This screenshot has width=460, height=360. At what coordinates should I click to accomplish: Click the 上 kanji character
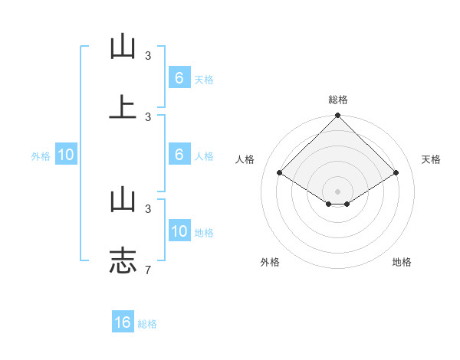point(123,107)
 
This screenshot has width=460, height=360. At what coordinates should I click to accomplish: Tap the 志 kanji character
point(123,259)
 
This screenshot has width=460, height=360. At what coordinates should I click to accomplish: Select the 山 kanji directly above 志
point(123,199)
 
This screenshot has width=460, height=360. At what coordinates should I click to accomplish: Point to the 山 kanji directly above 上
point(123,47)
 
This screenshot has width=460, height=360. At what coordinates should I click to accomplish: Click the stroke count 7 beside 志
point(148,270)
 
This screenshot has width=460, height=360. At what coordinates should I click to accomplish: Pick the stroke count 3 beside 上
point(148,117)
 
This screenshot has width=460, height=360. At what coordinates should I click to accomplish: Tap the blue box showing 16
point(123,322)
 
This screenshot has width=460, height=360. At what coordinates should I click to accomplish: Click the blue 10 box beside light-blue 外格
point(66,155)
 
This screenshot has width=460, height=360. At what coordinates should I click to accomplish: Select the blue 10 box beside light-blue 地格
point(179,231)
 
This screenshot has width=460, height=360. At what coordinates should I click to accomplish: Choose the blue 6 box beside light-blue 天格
point(179,78)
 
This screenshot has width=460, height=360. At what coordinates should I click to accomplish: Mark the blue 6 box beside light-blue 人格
point(179,155)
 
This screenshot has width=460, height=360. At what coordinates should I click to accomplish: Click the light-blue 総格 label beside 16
point(147,324)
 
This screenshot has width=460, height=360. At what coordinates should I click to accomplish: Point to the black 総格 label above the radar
point(338,100)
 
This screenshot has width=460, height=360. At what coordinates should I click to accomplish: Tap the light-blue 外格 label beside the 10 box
point(41,156)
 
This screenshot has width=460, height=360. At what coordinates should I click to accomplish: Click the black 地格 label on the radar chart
point(402,262)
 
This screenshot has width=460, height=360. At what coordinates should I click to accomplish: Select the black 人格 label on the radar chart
point(245,159)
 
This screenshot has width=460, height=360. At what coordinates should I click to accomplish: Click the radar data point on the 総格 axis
point(338,116)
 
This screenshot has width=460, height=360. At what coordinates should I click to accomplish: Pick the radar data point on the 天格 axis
point(396,173)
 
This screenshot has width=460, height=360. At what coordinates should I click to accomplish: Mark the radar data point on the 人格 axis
point(280,173)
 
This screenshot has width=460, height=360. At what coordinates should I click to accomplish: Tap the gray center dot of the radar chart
point(338,191)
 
